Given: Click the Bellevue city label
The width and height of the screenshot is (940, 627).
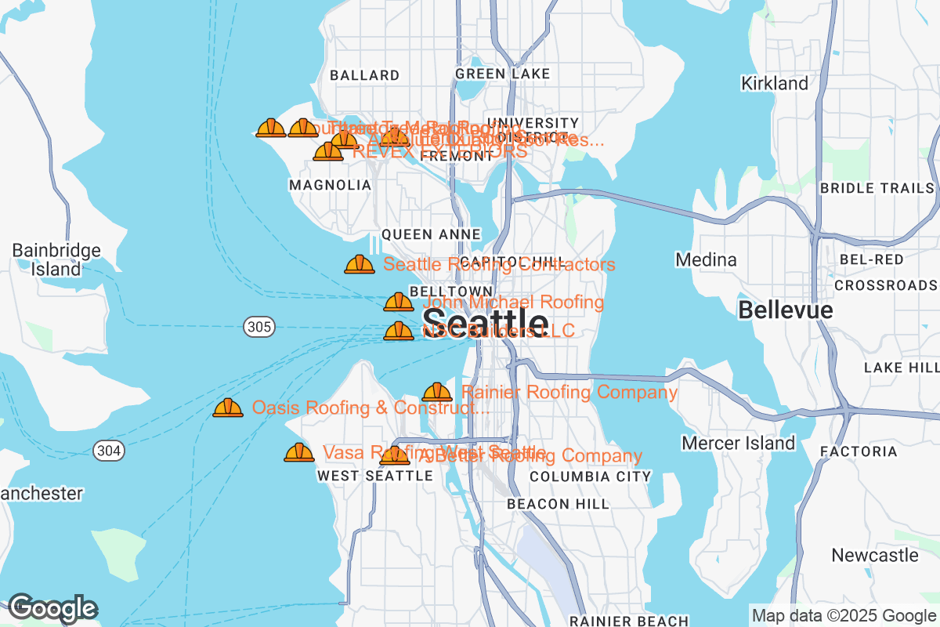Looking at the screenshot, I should click(x=785, y=310).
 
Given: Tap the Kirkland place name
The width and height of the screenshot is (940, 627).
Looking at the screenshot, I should click(x=775, y=83).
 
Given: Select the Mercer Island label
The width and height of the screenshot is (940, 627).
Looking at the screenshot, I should click(x=738, y=444).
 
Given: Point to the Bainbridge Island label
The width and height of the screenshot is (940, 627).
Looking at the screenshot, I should click(x=56, y=259).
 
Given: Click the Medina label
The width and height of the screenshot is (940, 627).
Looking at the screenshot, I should click(x=706, y=259).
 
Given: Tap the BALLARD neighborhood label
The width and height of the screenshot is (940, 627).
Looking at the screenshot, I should click(x=365, y=75).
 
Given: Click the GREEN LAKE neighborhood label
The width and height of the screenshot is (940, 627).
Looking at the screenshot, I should click(x=502, y=74).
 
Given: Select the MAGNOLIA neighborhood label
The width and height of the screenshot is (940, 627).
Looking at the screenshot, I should click(x=330, y=185).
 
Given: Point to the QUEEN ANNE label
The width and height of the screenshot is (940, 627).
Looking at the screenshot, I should click(x=431, y=234).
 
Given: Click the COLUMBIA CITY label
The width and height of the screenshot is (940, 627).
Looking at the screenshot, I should click(x=590, y=477).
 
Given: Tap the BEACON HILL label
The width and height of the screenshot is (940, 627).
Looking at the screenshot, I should click(x=558, y=504).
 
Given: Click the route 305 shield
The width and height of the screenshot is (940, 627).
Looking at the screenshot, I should click(x=258, y=327).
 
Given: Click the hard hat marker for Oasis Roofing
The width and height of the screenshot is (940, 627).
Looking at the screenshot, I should click(x=228, y=408).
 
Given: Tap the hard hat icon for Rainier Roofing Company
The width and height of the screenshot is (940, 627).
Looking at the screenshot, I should click(x=437, y=392).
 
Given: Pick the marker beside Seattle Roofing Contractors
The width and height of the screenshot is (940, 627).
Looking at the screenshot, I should click(x=360, y=264).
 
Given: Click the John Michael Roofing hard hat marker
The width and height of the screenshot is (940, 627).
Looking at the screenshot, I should click(x=398, y=302).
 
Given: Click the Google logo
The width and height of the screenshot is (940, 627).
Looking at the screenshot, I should click(x=52, y=608).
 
